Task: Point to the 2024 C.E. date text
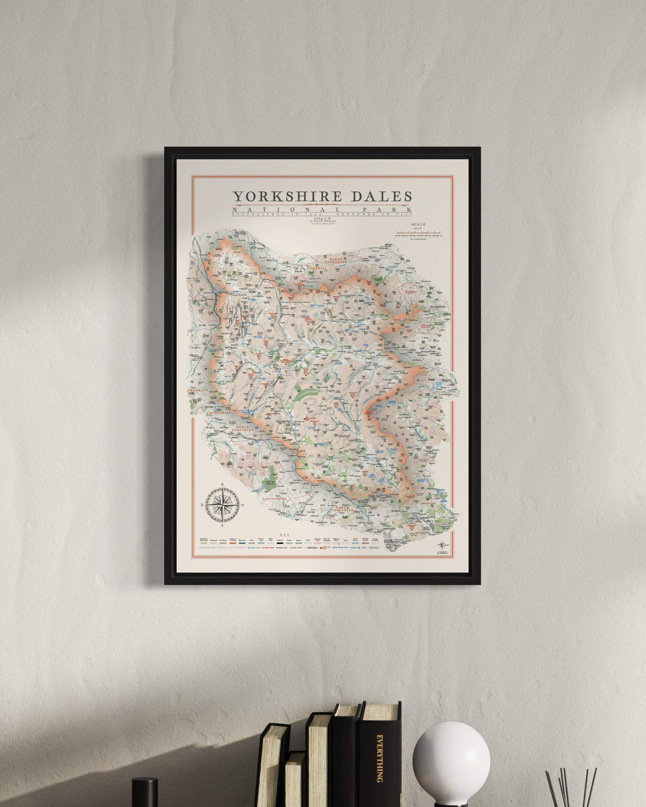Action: coord(323,218)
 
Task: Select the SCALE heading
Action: coord(418,225)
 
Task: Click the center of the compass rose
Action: coord(223,506)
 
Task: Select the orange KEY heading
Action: coord(285,535)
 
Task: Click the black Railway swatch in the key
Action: coord(280,543)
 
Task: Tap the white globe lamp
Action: coord(451,754)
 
